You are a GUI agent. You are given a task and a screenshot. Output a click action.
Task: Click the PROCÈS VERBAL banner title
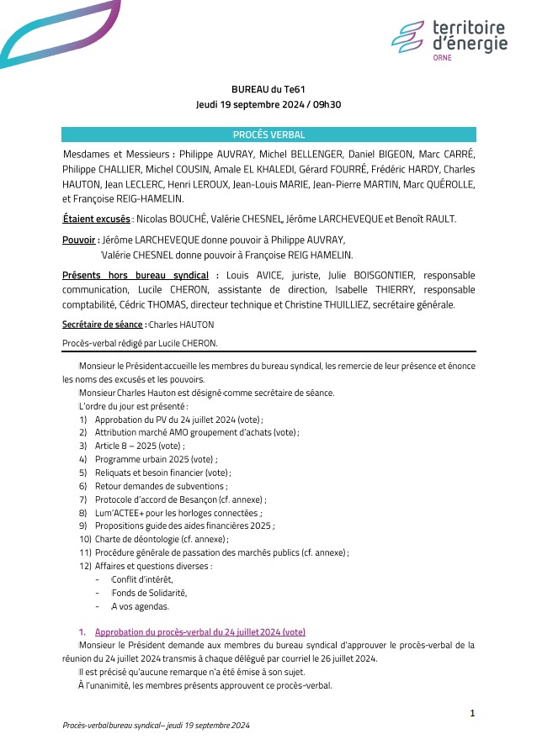point(268,135)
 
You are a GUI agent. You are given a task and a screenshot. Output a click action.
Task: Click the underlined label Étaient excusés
point(96,219)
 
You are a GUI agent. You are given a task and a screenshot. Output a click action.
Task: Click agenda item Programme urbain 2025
point(155,460)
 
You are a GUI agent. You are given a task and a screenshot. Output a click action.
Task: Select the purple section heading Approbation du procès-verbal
point(199,631)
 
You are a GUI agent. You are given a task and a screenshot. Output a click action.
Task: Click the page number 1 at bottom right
point(472,713)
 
